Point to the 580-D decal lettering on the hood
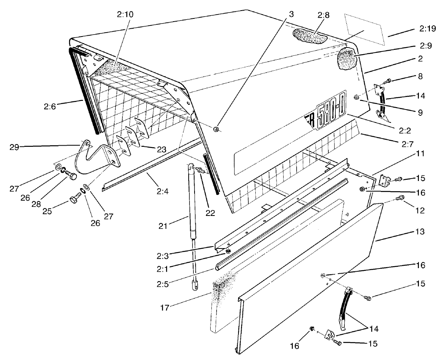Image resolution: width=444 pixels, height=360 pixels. click(x=330, y=114)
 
